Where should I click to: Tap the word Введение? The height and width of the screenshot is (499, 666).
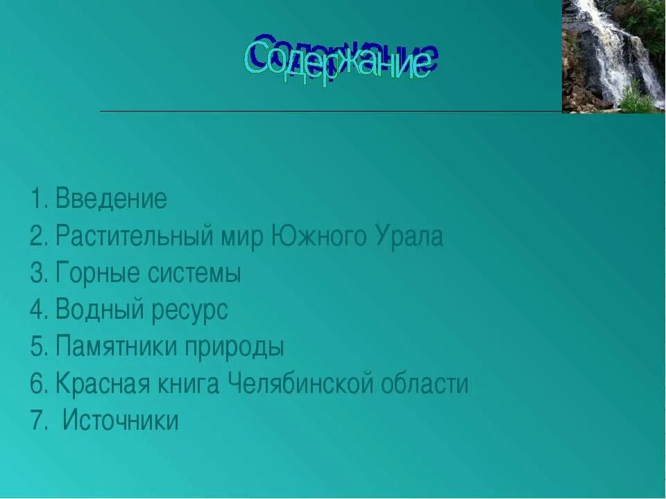pyautogui.click(x=111, y=200)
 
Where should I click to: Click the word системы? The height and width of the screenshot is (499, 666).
pyautogui.click(x=194, y=274)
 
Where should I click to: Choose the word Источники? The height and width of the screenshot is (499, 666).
pyautogui.click(x=121, y=421)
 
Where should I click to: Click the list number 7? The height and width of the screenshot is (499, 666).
pyautogui.click(x=36, y=421)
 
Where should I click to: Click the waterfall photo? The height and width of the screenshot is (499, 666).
pyautogui.click(x=613, y=55)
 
